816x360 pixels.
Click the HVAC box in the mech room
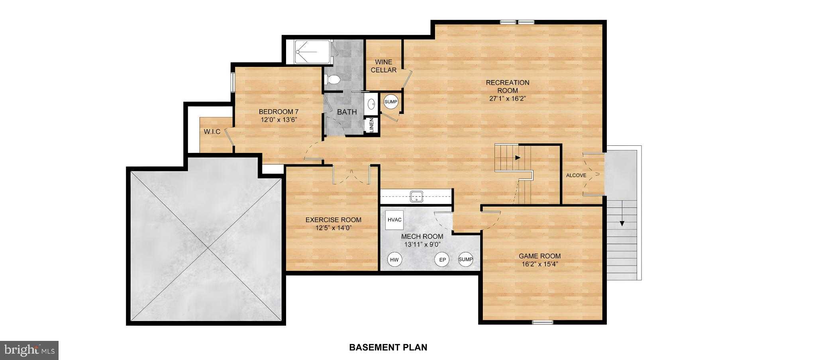[x=394, y=220]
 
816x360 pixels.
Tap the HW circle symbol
[x=394, y=260]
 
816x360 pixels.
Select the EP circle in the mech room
[x=441, y=260]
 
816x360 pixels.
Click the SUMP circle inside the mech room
[x=465, y=259]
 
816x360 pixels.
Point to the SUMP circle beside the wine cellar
[x=391, y=102]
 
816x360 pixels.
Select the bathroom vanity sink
[x=371, y=104]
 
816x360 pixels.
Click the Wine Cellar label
[x=383, y=66]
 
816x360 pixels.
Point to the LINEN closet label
[x=371, y=125]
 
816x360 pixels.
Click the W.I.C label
[x=212, y=132]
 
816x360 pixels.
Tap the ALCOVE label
[x=576, y=175]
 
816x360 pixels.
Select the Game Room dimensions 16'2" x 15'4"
[x=539, y=264]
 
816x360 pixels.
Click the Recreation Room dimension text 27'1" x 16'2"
[x=508, y=98]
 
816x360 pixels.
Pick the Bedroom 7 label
[x=279, y=112]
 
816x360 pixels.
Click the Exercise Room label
[x=333, y=220]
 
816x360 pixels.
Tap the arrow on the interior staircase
[x=518, y=158]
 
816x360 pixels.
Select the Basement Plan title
[x=388, y=347]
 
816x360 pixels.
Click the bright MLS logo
[x=29, y=350]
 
